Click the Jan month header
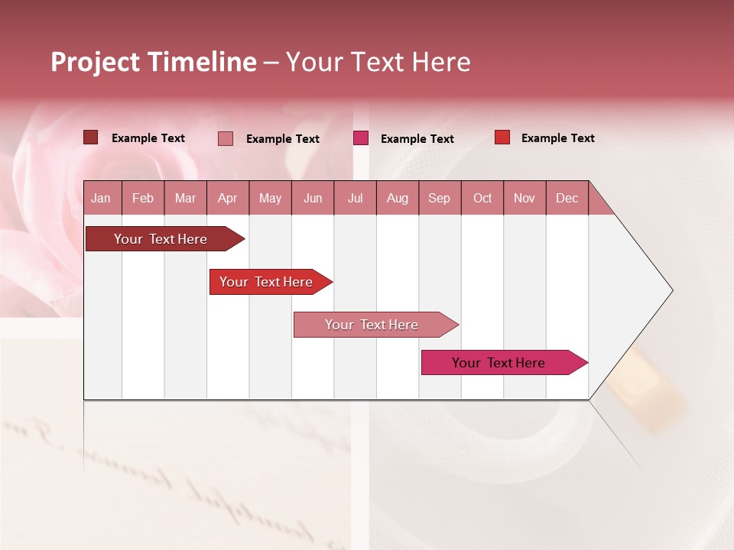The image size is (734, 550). pos(101,198)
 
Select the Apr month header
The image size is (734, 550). pos(227,198)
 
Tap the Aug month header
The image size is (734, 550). pos(397,198)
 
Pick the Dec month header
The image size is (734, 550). pos(567,198)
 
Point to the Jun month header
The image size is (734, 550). pos(313,198)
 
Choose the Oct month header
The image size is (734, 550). pos(482,198)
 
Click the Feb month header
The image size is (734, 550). pos(143,198)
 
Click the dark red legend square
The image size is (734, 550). pos(90,137)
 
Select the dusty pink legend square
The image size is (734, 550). pos(226,138)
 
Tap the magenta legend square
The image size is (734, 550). pos(361,138)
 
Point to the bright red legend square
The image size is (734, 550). pos(502,137)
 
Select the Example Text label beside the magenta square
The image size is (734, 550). pos(417,139)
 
